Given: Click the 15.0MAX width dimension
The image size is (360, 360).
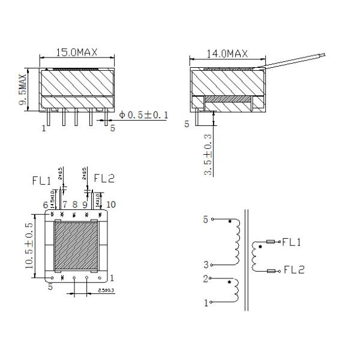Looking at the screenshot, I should click(x=77, y=53).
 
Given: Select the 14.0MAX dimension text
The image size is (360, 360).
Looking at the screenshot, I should click(x=227, y=53).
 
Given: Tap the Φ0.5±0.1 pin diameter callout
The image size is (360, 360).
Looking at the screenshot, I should click(x=144, y=115).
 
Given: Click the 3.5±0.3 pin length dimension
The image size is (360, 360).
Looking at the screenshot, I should click(x=207, y=155).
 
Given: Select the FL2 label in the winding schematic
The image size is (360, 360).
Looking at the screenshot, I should click(x=293, y=270).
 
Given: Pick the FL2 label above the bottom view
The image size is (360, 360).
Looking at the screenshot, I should click(x=104, y=178).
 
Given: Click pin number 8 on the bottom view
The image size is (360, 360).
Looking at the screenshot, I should click(x=74, y=205).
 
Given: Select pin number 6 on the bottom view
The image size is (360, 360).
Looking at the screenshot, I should click(x=45, y=205).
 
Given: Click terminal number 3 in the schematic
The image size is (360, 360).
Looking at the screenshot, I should click(x=205, y=264).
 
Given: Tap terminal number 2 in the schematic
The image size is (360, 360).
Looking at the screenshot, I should click(x=205, y=279).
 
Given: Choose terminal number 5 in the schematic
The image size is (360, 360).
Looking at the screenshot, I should click(x=205, y=220).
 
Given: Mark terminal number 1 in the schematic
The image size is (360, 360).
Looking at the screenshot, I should click(x=205, y=303).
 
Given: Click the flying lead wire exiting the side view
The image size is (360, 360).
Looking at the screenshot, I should click(x=297, y=59).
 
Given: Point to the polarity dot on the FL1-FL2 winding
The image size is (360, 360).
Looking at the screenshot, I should click(x=260, y=247).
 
